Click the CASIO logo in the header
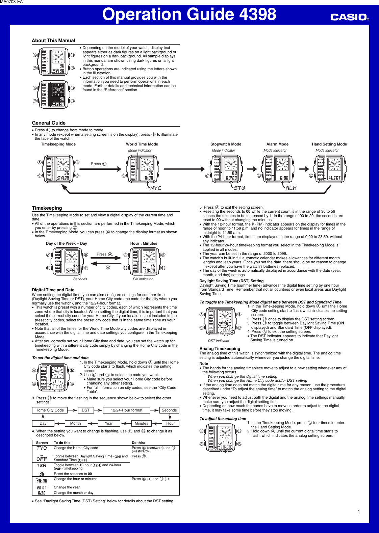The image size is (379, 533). pyautogui.click(x=349, y=17)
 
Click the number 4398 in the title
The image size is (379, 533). pyautogui.click(x=257, y=15)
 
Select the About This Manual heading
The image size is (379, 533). pyautogui.click(x=53, y=41)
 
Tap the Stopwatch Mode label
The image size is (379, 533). pyautogui.click(x=226, y=144)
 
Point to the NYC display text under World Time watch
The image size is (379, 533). pyautogui.click(x=156, y=188)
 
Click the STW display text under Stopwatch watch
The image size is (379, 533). pyautogui.click(x=239, y=188)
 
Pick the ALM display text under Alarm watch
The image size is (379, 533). pyautogui.click(x=291, y=188)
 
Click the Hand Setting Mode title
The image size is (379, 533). pyautogui.click(x=329, y=144)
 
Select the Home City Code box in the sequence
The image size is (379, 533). pyautogui.click(x=50, y=410)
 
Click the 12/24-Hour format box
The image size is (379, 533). pyautogui.click(x=127, y=410)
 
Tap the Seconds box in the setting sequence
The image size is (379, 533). pyautogui.click(x=169, y=410)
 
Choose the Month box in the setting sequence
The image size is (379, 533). pyautogui.click(x=75, y=423)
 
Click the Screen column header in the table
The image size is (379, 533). pyautogui.click(x=42, y=443)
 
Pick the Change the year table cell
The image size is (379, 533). pyautogui.click(x=67, y=487)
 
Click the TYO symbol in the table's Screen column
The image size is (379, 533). pyautogui.click(x=42, y=448)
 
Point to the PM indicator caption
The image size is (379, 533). pyautogui.click(x=143, y=279)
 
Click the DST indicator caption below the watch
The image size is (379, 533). pyautogui.click(x=219, y=341)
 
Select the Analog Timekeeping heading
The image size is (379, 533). pyautogui.click(x=220, y=349)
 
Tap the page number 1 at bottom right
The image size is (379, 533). pyautogui.click(x=358, y=512)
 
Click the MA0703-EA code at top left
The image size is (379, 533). pyautogui.click(x=11, y=2)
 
